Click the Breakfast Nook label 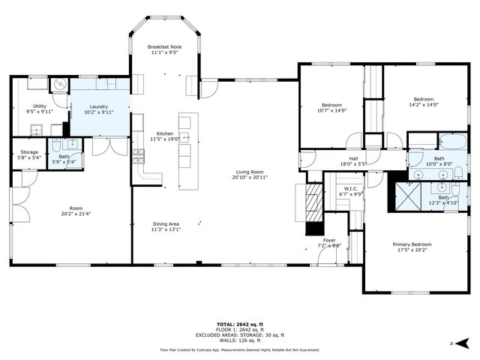164,46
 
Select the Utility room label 39,106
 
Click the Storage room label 28,152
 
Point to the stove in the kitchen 138,155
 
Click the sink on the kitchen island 184,138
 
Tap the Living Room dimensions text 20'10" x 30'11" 249,178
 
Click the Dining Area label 166,224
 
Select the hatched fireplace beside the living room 313,203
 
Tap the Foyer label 329,240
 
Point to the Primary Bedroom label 412,244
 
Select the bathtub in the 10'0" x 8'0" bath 452,140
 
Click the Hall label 352,159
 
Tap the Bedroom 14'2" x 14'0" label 424,99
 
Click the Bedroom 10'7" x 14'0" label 331,105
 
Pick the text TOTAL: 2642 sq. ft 239,323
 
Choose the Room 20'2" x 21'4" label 76,208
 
